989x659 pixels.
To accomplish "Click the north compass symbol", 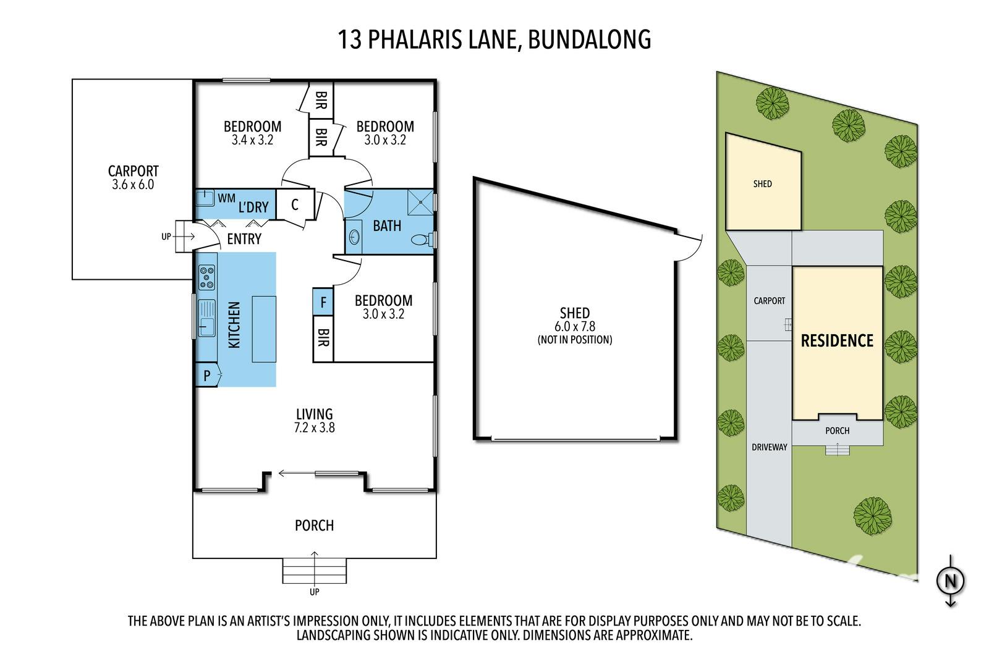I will pyautogui.click(x=951, y=581).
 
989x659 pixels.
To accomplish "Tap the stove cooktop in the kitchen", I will pyautogui.click(x=206, y=277).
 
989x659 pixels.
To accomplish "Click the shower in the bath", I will pyautogui.click(x=420, y=201).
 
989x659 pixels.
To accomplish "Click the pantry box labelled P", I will pyautogui.click(x=206, y=375).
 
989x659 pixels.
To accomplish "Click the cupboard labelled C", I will pyautogui.click(x=295, y=204).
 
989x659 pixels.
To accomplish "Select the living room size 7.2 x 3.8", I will pyautogui.click(x=315, y=427).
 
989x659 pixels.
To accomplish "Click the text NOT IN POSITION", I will pyautogui.click(x=575, y=339).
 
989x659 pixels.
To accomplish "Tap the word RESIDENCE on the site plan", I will pyautogui.click(x=837, y=340).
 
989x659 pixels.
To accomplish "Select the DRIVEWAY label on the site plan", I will pyautogui.click(x=769, y=447).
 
